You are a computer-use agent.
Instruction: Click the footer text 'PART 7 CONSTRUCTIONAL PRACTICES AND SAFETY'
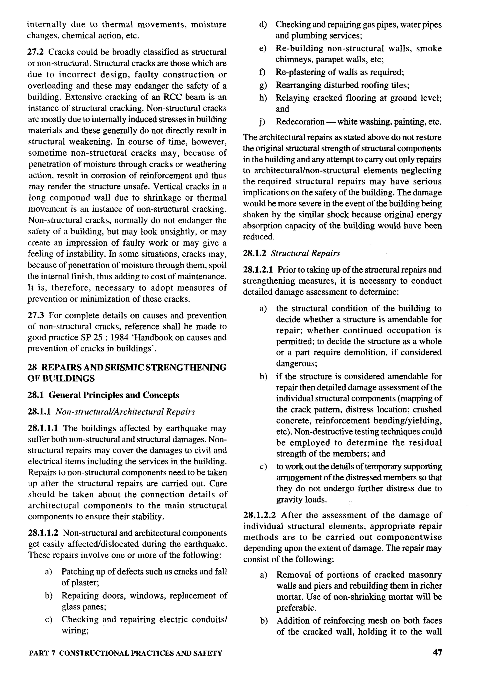(x=126, y=653)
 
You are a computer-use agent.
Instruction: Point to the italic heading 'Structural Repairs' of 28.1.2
(x=306, y=254)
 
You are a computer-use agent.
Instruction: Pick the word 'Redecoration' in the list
(x=300, y=122)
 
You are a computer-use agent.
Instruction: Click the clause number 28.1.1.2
(x=43, y=533)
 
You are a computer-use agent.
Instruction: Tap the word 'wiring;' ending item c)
(x=75, y=631)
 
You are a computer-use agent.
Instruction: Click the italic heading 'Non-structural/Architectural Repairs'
(x=125, y=412)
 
